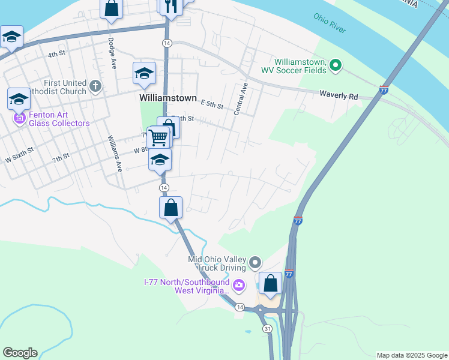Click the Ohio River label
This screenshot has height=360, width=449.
[330, 22]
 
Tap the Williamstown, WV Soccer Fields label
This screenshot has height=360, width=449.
[293, 66]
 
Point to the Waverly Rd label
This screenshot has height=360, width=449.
[339, 95]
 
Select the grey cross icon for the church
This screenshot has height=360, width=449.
[95, 87]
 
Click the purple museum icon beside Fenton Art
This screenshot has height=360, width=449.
[19, 119]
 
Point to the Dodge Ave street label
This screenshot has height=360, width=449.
[111, 52]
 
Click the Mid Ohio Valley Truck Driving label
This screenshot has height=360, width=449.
[217, 263]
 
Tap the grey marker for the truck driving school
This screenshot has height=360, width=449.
[255, 262]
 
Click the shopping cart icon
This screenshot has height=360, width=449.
[158, 137]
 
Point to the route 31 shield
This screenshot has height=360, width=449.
[265, 328]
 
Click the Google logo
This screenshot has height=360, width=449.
[19, 353]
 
